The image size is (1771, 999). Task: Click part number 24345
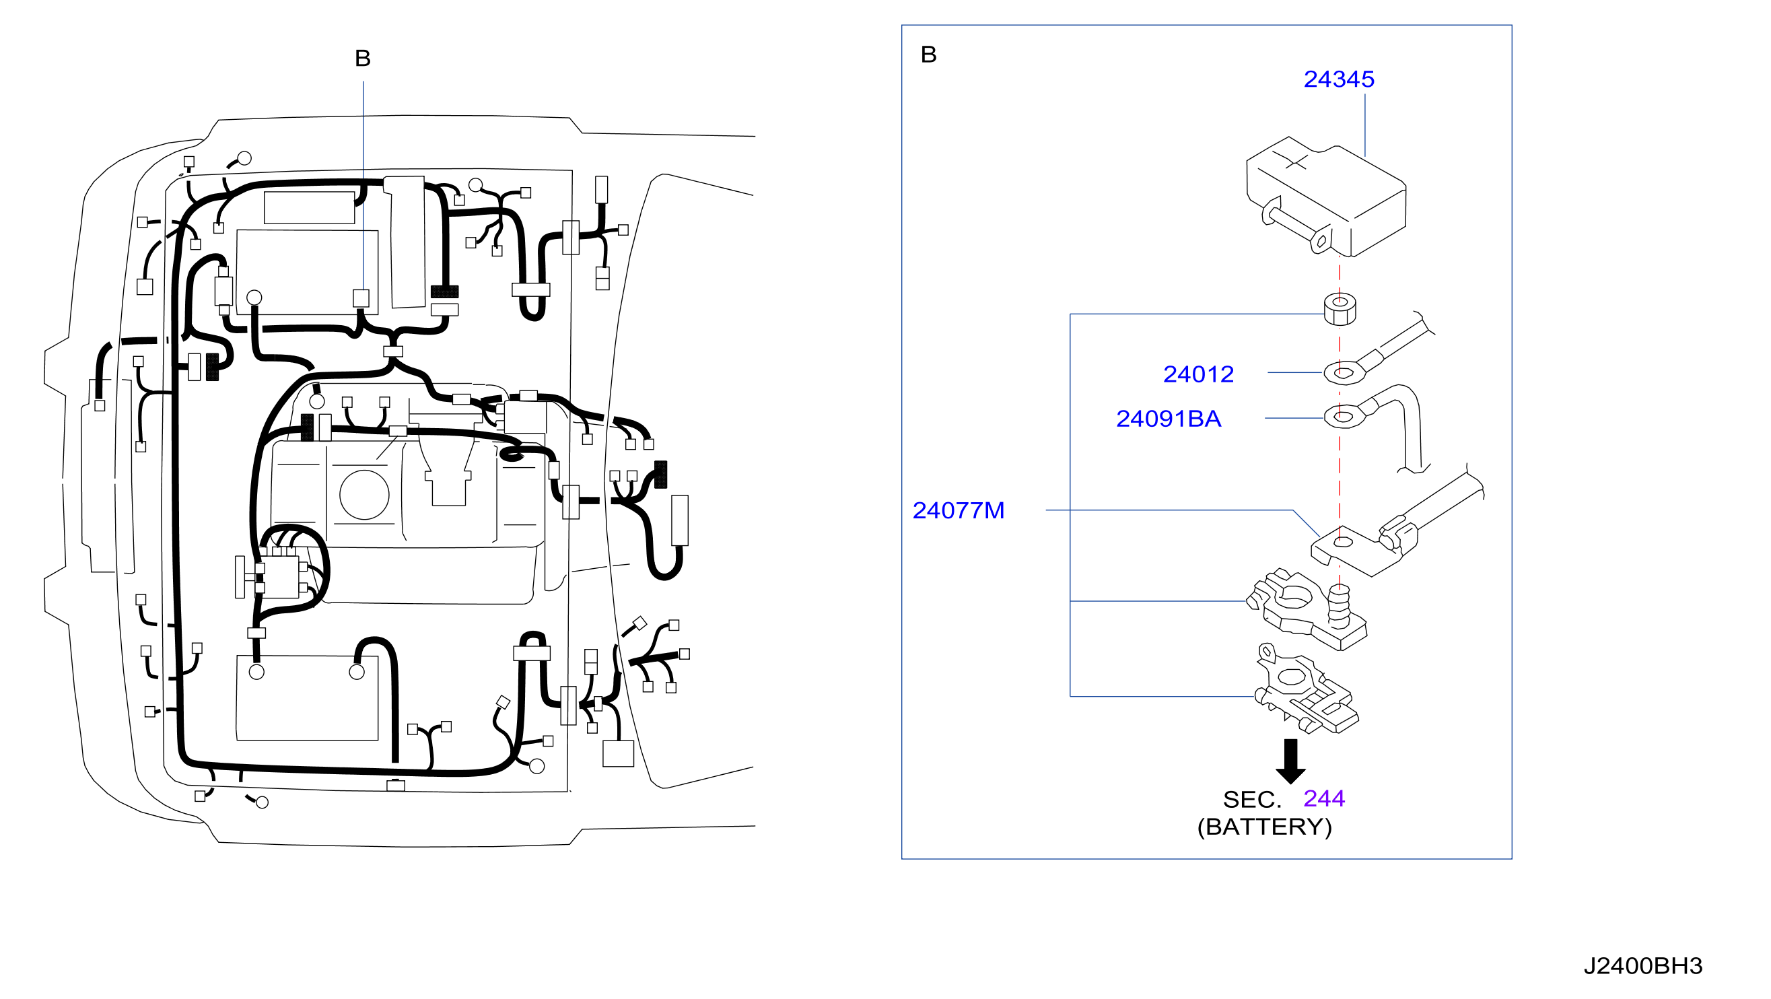(1339, 79)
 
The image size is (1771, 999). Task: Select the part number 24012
(1198, 374)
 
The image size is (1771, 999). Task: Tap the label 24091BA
(1168, 419)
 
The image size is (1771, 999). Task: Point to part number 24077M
(959, 510)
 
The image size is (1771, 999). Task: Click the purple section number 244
(1324, 798)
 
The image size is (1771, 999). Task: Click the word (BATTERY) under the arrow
(1264, 827)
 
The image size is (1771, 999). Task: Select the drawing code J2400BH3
(1643, 966)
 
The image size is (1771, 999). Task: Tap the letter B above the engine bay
(362, 59)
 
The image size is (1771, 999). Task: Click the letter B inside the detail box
(928, 55)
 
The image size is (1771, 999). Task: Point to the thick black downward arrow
(1290, 761)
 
